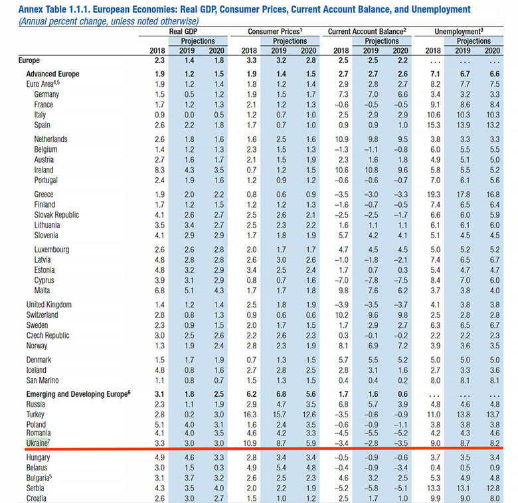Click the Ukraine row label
[37, 443]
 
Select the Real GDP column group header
[183, 31]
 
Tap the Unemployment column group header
[459, 31]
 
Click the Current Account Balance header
[367, 31]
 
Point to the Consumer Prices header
[275, 31]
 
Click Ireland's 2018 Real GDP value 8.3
[159, 170]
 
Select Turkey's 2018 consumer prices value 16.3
[250, 415]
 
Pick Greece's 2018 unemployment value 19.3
[434, 194]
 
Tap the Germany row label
[46, 94]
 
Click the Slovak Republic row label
[56, 215]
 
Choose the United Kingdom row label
[49, 305]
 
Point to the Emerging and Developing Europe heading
[78, 394]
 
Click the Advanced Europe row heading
[53, 74]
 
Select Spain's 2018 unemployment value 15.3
[434, 125]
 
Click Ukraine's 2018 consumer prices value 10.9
[250, 443]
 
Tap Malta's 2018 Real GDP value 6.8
[159, 291]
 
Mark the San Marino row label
[43, 380]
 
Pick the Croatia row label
[37, 498]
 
